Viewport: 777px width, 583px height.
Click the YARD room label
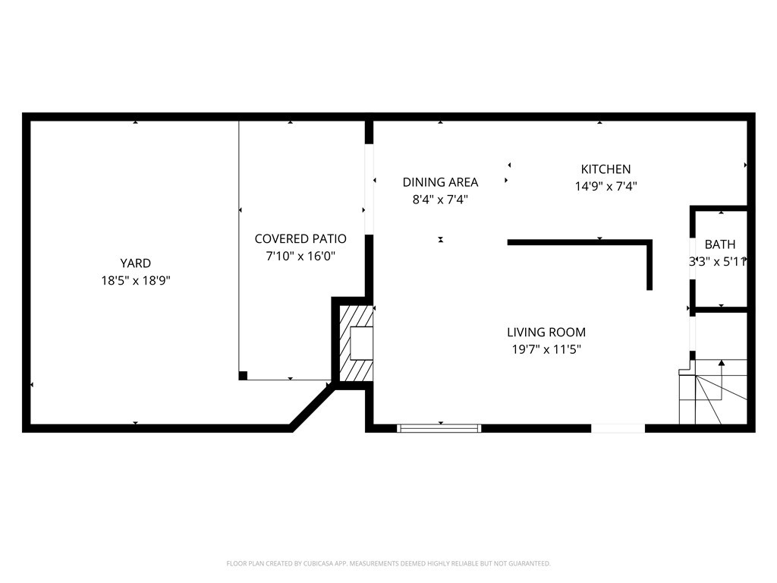(x=135, y=263)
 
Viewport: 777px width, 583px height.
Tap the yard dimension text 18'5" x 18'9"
(x=136, y=281)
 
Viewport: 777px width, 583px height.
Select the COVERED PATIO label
(x=300, y=239)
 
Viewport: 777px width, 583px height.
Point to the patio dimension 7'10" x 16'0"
(x=300, y=257)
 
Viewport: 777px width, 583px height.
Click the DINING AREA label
(x=440, y=182)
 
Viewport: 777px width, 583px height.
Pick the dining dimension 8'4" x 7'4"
(x=441, y=200)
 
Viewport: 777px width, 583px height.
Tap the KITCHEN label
(x=606, y=169)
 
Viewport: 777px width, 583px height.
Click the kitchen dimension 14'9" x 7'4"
(x=606, y=187)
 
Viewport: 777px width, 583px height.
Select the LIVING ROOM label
(x=546, y=332)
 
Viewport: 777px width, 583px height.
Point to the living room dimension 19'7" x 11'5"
(x=546, y=349)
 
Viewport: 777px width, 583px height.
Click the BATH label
(x=720, y=244)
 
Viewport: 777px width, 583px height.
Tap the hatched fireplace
(x=356, y=343)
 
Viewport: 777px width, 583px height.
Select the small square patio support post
(x=243, y=375)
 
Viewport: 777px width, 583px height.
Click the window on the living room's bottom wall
(x=439, y=428)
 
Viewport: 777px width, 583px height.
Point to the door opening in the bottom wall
(x=618, y=428)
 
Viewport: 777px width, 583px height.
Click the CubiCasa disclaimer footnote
(x=388, y=564)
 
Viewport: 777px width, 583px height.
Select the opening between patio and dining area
(x=370, y=189)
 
